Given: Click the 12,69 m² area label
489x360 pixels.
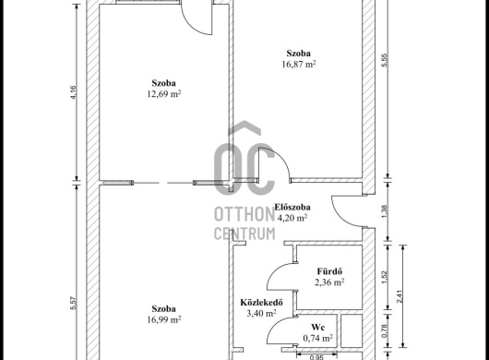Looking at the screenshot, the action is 164,93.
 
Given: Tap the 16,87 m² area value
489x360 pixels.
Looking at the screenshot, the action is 298,65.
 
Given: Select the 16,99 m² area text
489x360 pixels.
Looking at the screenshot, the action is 164,319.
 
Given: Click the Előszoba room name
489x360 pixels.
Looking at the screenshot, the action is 292,207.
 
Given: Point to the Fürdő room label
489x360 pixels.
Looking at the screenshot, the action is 329,271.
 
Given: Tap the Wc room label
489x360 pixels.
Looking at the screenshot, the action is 317,328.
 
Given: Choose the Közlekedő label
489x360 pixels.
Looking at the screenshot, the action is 261,302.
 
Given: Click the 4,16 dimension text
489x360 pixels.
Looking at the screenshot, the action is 74,92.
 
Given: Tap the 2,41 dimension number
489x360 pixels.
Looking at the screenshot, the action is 400,296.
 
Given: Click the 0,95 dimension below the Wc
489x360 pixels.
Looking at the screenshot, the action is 316,357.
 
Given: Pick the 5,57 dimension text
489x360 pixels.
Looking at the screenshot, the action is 74,303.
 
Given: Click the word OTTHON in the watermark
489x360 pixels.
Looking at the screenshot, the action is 244,214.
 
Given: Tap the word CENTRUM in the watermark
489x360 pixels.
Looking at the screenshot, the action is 244,234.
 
